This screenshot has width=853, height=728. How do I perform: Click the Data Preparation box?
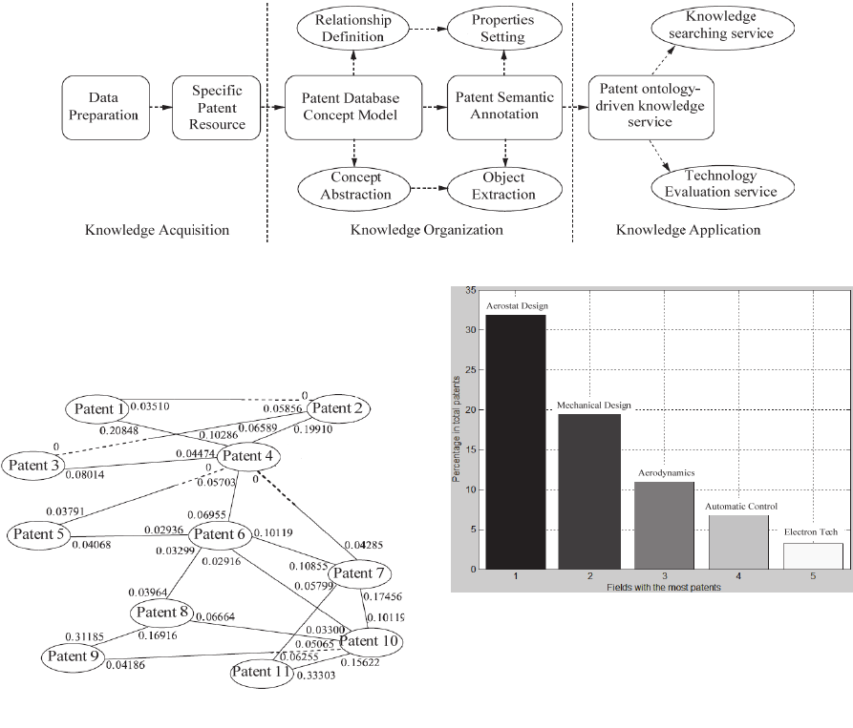(101, 107)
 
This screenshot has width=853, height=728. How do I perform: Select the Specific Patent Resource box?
(217, 107)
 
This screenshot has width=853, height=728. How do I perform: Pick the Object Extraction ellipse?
(503, 186)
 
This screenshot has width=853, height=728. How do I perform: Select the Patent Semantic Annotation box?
(502, 107)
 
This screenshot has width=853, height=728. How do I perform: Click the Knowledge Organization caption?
(426, 230)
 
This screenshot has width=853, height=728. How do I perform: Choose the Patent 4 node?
(248, 456)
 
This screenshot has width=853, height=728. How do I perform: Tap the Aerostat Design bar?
(516, 442)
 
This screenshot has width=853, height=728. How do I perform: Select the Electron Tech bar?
(813, 556)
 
